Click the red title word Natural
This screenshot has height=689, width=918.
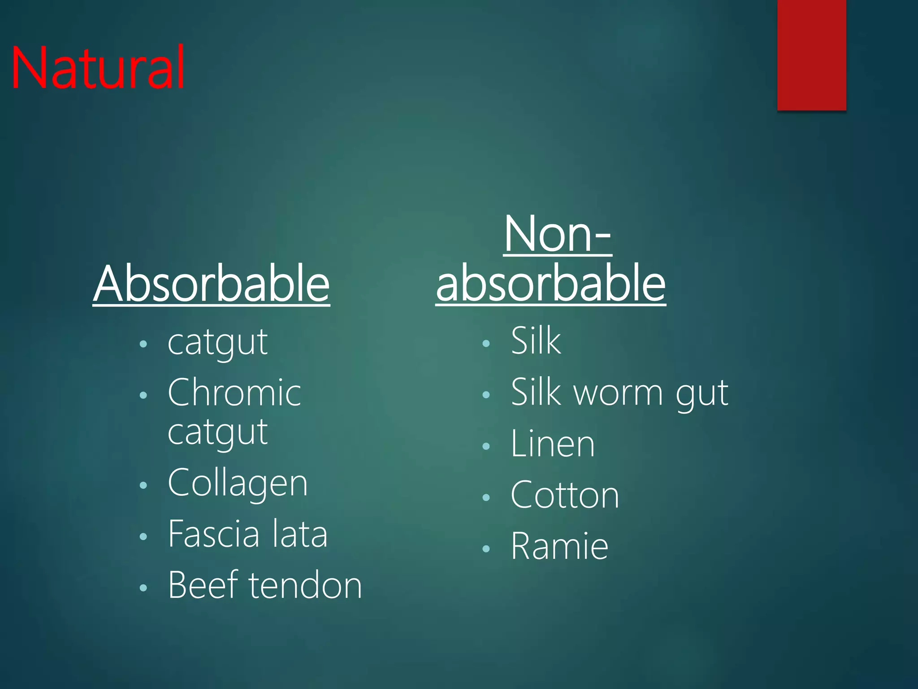pos(98,68)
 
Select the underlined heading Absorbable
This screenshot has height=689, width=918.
pos(211,284)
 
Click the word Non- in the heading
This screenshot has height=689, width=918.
pos(557,234)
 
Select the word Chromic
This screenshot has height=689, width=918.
pos(234,393)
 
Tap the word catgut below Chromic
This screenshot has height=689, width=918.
pos(217,432)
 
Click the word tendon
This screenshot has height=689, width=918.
pos(305,585)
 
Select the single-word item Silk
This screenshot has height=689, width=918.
pos(536,341)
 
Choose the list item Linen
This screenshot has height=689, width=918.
pos(553,444)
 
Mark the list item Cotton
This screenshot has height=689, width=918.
pos(565,495)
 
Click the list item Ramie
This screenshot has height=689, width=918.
pos(559,546)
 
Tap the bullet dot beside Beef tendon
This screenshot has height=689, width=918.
pos(143,588)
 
